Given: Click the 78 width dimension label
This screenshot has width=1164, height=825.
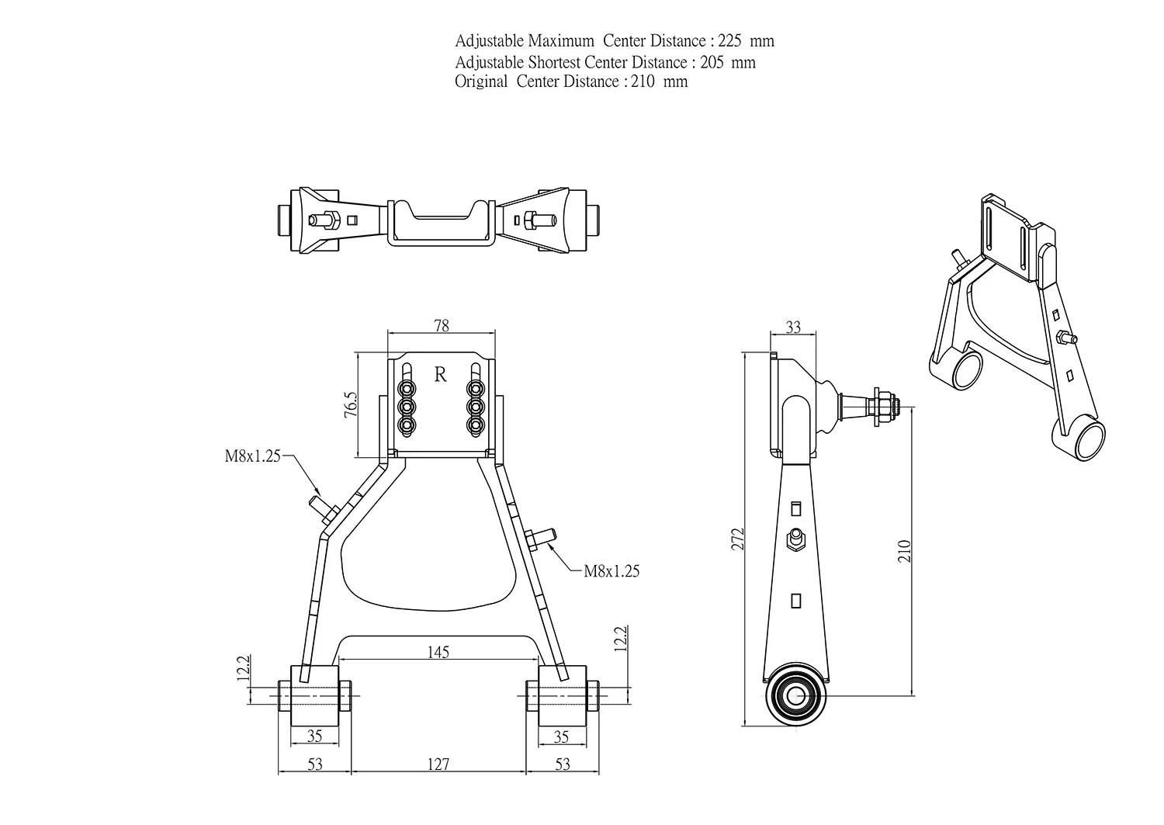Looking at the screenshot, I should pyautogui.click(x=441, y=326).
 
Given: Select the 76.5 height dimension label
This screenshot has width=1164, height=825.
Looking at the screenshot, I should pyautogui.click(x=350, y=406).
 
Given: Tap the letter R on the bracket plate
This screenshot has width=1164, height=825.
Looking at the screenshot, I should pyautogui.click(x=441, y=375).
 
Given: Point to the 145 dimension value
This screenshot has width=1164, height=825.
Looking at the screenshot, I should pyautogui.click(x=438, y=653).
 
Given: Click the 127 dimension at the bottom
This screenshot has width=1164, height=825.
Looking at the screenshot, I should pyautogui.click(x=438, y=764).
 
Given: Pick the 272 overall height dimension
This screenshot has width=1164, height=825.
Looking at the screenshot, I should pyautogui.click(x=738, y=539).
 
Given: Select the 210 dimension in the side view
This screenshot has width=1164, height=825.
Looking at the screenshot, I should pyautogui.click(x=904, y=551).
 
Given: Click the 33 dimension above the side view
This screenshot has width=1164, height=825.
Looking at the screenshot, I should pyautogui.click(x=793, y=328).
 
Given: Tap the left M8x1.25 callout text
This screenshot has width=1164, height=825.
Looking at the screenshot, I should pyautogui.click(x=252, y=456).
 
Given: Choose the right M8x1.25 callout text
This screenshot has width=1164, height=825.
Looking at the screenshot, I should pyautogui.click(x=611, y=571).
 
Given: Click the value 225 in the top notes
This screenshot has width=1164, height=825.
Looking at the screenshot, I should pyautogui.click(x=731, y=41).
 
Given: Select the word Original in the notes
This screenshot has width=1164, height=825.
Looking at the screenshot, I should pyautogui.click(x=481, y=81).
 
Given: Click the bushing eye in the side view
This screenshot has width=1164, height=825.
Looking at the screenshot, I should pyautogui.click(x=798, y=695).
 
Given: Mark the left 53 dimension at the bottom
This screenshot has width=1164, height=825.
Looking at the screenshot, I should pyautogui.click(x=314, y=764).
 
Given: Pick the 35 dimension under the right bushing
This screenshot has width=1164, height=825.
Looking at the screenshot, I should pyautogui.click(x=562, y=737).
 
